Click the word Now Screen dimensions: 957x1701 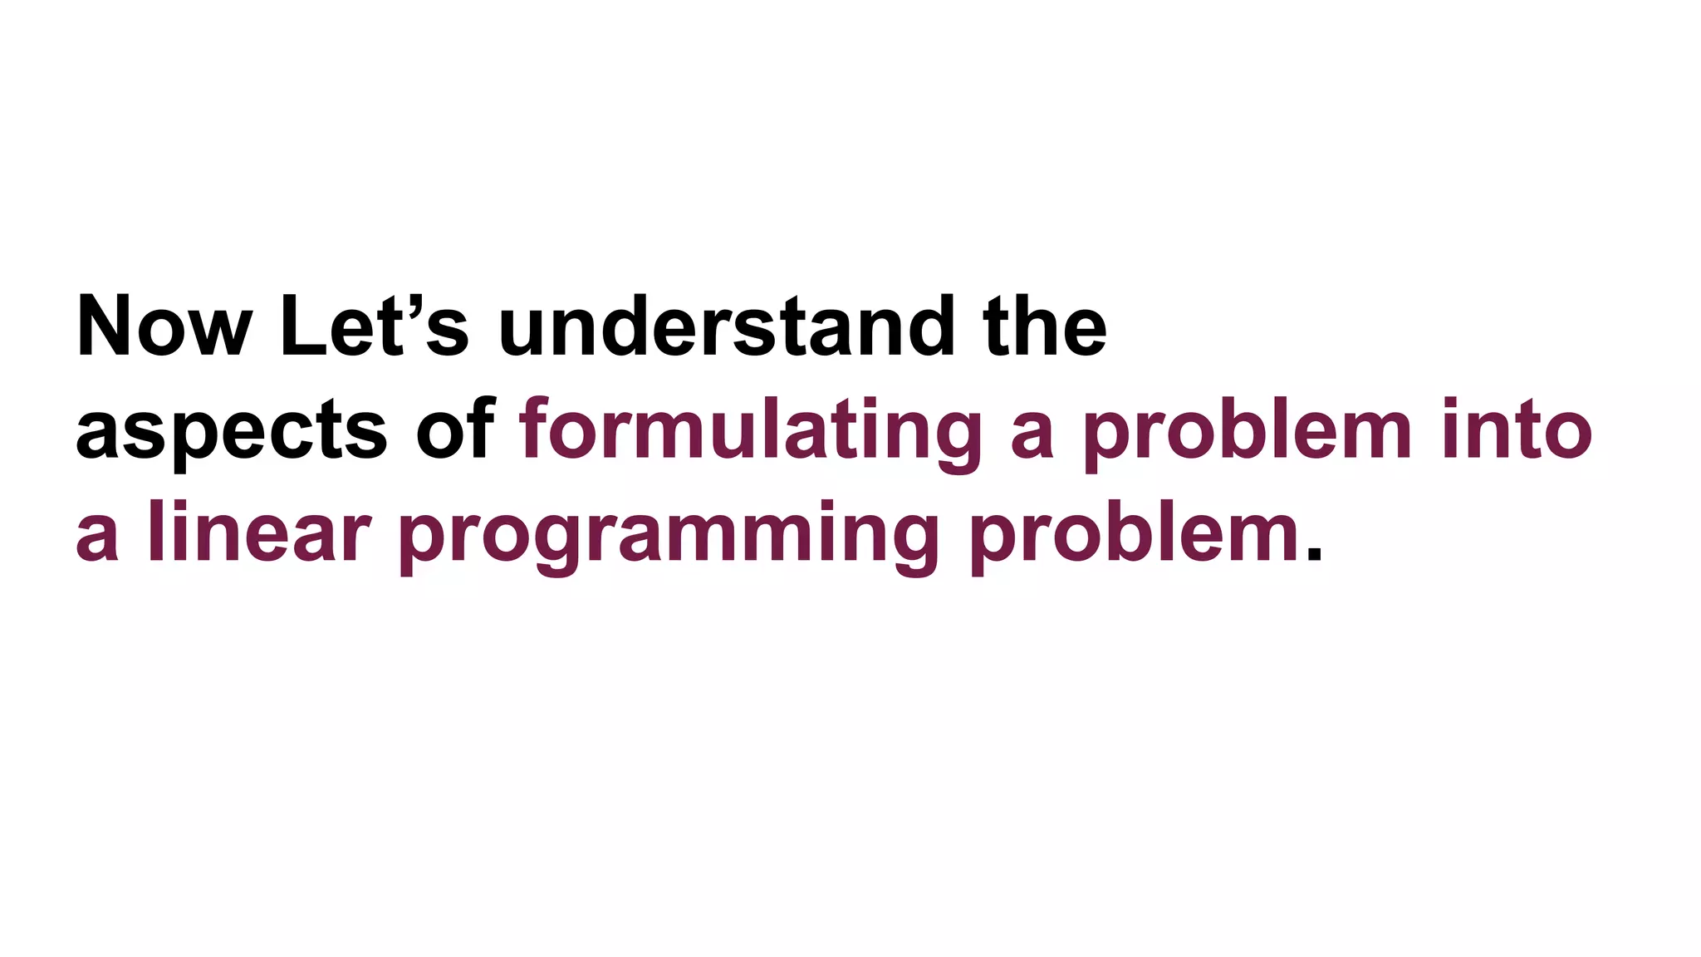pyautogui.click(x=164, y=326)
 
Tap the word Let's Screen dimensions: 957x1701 pyautogui.click(x=374, y=326)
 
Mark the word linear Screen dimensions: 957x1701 pyautogui.click(x=258, y=533)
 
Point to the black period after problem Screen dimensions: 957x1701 pyautogui.click(x=1313, y=555)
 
